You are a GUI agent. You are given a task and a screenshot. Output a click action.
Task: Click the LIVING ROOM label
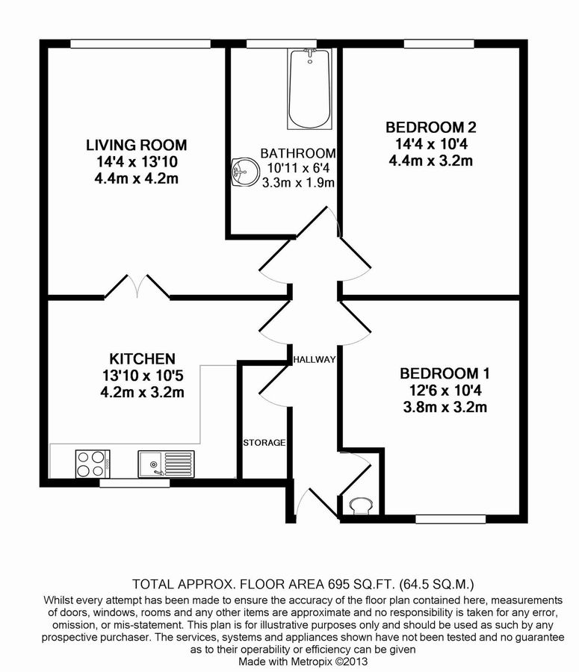(x=136, y=145)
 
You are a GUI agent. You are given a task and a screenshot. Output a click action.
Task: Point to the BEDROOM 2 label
(x=431, y=127)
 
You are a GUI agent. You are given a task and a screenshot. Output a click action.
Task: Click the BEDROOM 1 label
(x=444, y=373)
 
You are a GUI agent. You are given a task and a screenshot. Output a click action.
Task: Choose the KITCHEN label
(x=142, y=359)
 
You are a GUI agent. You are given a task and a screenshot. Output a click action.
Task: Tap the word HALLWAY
(x=314, y=359)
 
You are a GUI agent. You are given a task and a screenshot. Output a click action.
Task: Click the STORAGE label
(x=264, y=443)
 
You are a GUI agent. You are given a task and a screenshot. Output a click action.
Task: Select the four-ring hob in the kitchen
(x=93, y=463)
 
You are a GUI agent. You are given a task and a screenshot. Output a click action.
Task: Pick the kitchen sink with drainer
(x=165, y=463)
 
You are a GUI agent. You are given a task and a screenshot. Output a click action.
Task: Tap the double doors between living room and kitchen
(x=136, y=287)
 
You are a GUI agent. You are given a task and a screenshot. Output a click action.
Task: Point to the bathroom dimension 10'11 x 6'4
(x=297, y=168)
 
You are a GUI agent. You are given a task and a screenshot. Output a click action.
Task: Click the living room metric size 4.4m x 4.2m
(x=136, y=178)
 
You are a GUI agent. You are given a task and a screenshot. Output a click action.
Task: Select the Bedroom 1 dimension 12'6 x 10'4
(x=444, y=391)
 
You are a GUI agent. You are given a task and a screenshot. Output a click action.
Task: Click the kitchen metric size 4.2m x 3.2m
(x=142, y=393)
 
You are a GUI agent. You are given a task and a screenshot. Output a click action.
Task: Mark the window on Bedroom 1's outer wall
(x=450, y=519)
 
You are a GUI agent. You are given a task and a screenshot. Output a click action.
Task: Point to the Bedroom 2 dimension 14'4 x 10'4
(x=431, y=143)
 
